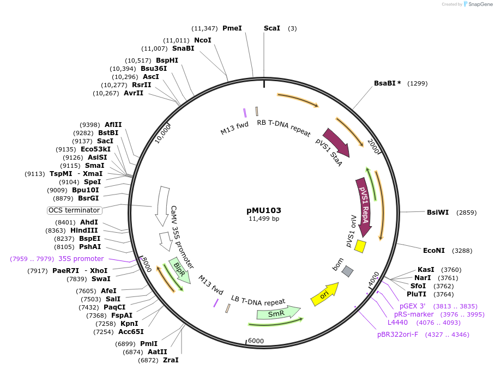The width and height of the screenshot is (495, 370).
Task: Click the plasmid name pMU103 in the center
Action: (x=264, y=210)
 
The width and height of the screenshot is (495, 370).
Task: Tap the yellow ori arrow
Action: (x=325, y=294)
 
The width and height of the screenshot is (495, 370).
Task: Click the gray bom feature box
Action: (x=347, y=271)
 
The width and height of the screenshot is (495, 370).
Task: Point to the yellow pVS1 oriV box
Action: (x=360, y=246)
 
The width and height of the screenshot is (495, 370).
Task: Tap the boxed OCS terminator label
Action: (x=74, y=210)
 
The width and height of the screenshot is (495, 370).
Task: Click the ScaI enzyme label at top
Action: (x=272, y=28)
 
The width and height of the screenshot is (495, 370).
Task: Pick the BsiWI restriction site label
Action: (x=438, y=212)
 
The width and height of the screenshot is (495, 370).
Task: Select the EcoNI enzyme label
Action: (x=434, y=251)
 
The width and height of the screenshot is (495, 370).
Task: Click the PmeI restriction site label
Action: (x=232, y=28)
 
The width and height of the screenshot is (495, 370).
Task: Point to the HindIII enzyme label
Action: (x=84, y=231)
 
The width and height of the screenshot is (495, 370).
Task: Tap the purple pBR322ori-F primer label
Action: (x=398, y=334)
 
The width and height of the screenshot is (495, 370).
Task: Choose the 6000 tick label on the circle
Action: (x=256, y=341)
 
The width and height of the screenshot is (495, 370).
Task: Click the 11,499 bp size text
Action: (x=264, y=219)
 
